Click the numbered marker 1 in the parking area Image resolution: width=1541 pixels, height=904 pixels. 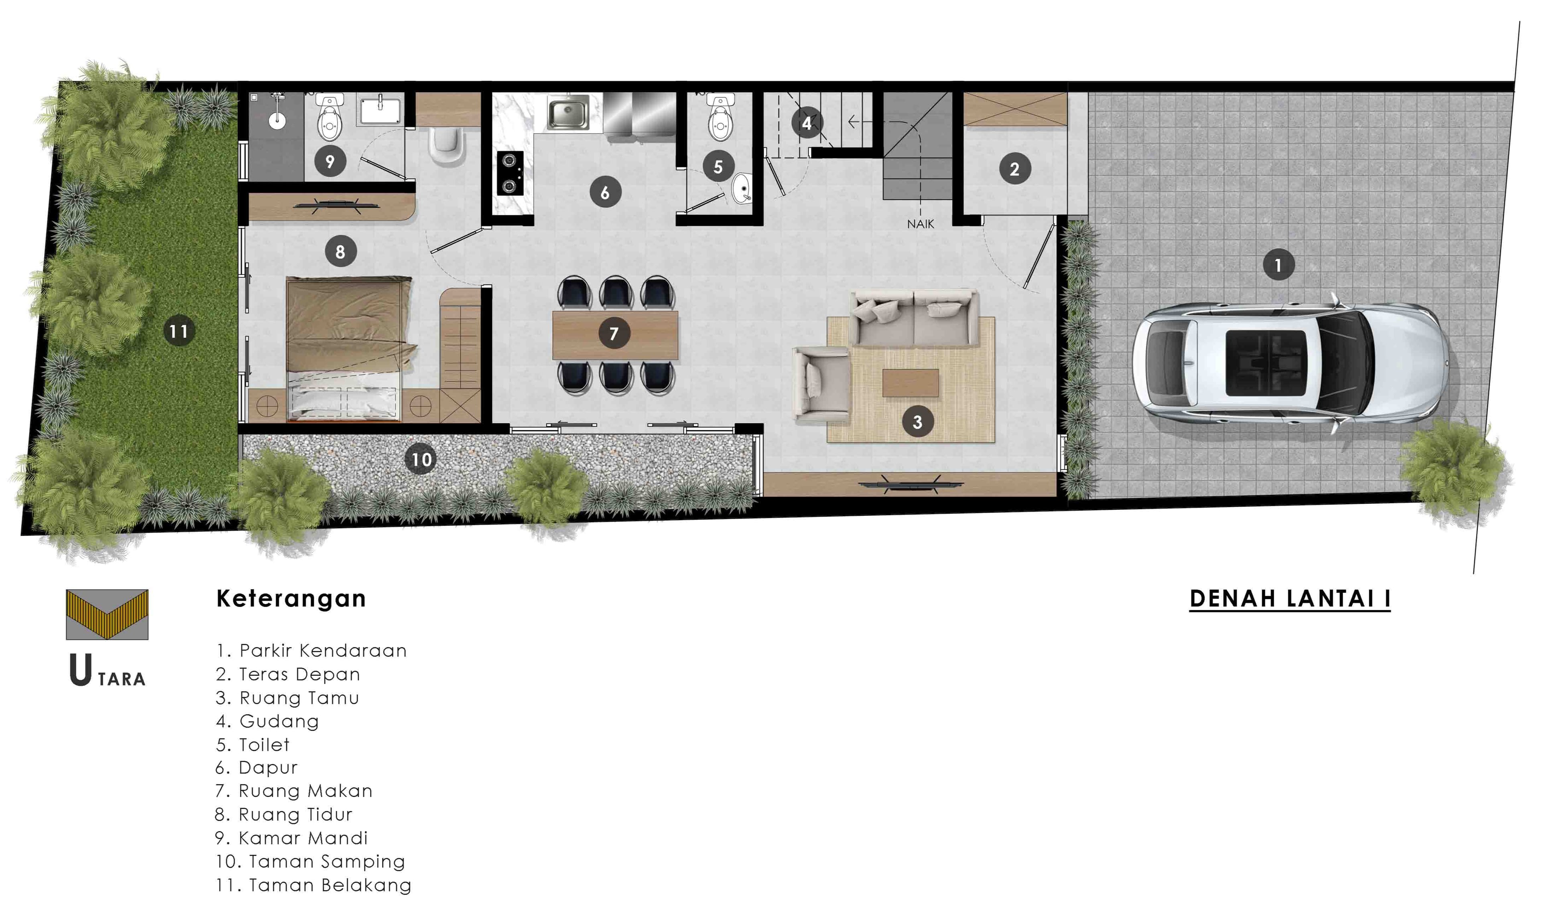tap(1277, 265)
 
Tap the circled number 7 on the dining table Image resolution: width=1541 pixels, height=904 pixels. tap(613, 333)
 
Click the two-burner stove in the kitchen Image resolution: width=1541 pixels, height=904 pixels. tap(509, 172)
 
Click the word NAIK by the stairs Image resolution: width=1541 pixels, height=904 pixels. tap(920, 224)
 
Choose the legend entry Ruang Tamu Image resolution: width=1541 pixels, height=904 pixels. tap(287, 698)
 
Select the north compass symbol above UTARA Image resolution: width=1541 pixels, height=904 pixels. tap(107, 614)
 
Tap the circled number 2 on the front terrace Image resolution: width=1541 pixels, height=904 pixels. tap(1014, 169)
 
